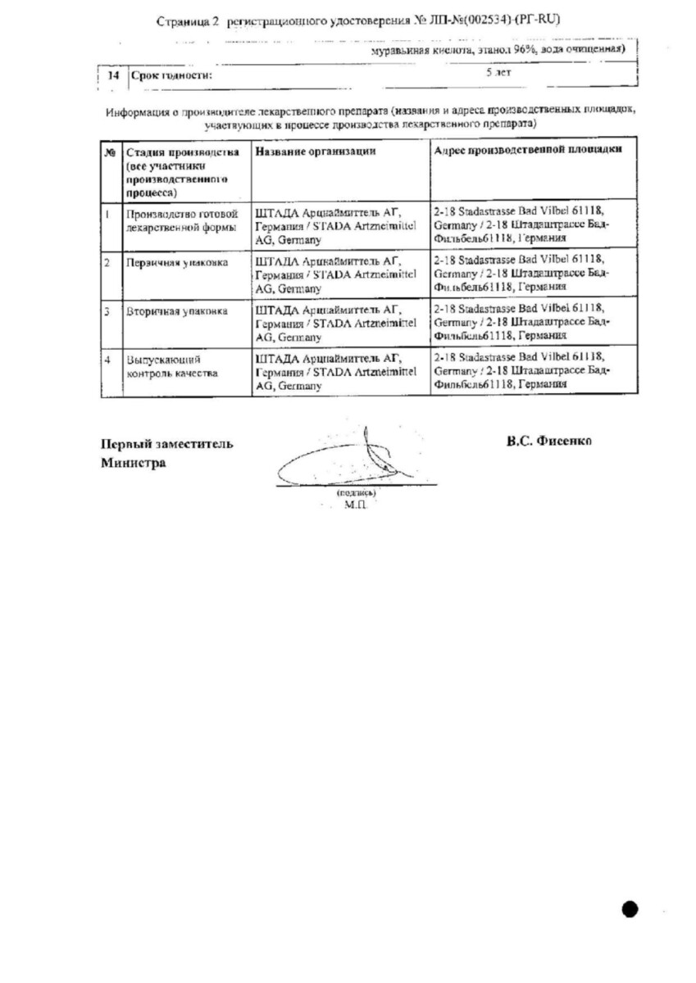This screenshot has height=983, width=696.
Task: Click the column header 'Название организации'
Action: (x=316, y=151)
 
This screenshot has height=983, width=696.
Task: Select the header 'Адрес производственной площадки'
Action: (x=526, y=150)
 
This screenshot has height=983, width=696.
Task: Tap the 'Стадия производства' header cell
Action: (x=182, y=152)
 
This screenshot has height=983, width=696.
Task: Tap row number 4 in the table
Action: (x=107, y=359)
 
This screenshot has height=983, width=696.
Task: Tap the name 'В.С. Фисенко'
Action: (x=549, y=441)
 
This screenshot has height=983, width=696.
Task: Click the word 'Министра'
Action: (x=133, y=463)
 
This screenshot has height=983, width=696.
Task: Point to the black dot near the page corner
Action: (x=629, y=908)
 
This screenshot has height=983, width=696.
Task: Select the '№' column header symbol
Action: (x=108, y=152)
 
